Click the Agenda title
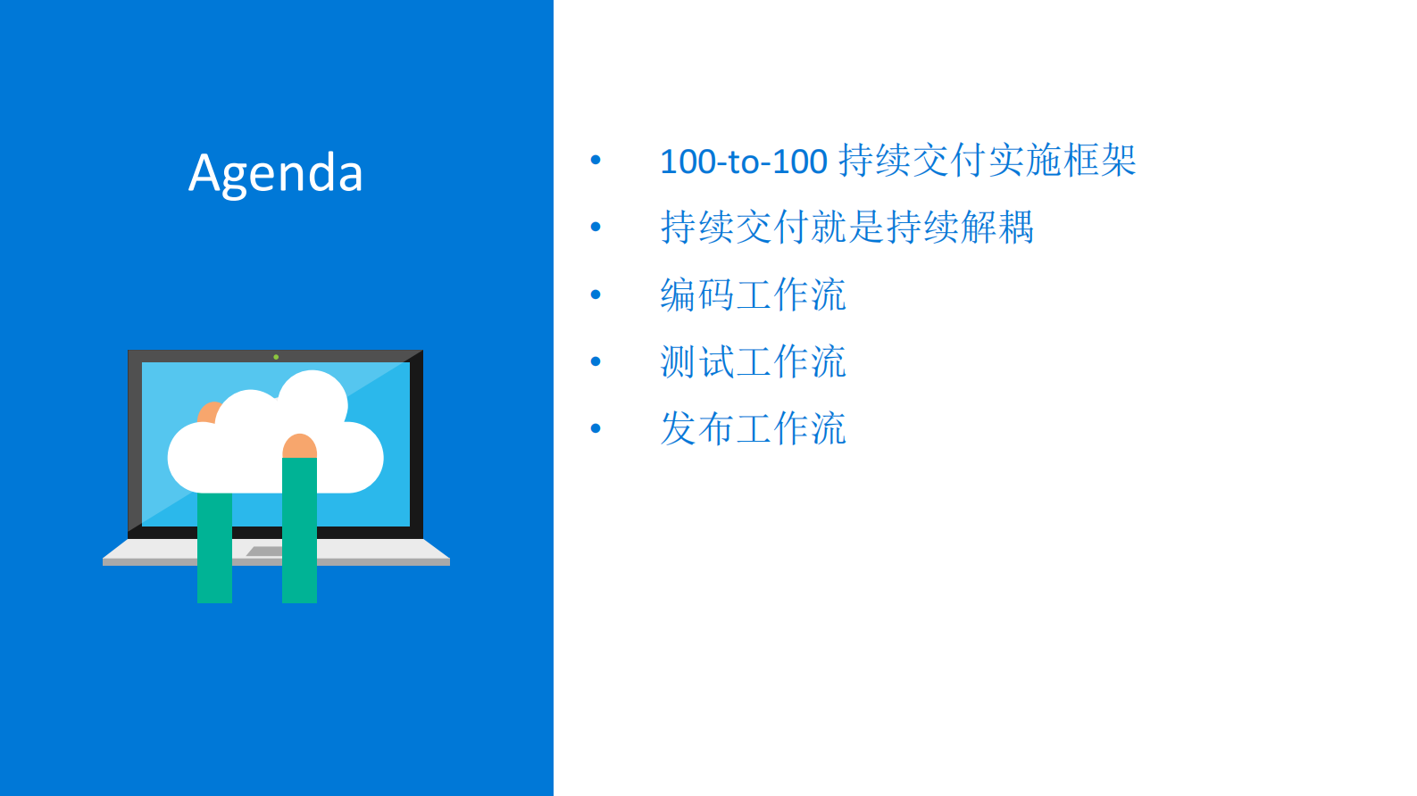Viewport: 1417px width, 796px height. tap(276, 172)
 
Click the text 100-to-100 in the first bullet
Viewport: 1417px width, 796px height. tap(744, 162)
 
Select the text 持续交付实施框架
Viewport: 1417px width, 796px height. tap(988, 161)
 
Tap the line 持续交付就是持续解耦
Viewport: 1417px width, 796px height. tap(846, 228)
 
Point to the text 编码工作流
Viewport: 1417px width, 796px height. tap(753, 294)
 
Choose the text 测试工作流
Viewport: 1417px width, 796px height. tap(753, 361)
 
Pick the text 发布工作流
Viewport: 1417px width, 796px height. tap(753, 428)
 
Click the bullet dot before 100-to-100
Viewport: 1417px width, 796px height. tap(596, 161)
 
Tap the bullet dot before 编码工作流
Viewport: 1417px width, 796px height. tap(596, 294)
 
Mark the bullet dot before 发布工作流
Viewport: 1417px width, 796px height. tap(596, 428)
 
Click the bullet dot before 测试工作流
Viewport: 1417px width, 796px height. tap(596, 361)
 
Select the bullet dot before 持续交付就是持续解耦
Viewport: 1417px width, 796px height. tap(596, 228)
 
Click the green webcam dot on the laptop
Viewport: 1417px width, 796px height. tap(276, 357)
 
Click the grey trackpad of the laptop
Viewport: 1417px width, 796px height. tap(264, 551)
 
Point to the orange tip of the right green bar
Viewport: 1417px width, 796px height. tap(299, 445)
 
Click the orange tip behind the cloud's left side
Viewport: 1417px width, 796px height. tap(208, 412)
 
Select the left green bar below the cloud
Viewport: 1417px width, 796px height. tap(214, 549)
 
